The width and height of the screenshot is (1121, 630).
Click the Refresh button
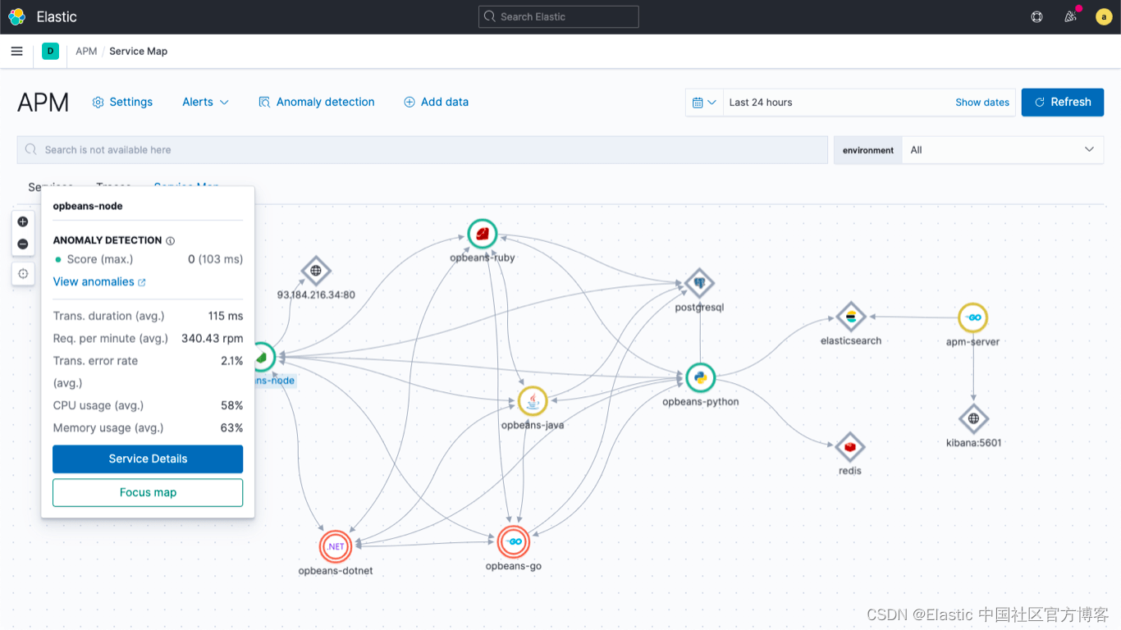1062,103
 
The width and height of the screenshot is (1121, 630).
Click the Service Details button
148,459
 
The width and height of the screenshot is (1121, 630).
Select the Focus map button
148,492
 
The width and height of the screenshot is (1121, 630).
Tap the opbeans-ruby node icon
483,235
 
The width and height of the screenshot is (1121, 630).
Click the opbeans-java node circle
533,401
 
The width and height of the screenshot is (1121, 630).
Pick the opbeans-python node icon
700,378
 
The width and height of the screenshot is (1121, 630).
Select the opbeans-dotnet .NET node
336,546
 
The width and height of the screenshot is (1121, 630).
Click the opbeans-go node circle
514,541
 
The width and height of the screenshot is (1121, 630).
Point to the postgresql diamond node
699,284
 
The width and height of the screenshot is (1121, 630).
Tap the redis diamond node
850,447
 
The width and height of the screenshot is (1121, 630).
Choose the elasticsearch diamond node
851,317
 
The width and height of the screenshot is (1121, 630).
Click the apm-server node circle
973,317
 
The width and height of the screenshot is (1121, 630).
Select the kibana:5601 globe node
973,419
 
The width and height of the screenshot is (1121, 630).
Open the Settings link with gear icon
122,103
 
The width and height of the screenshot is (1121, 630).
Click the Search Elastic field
558,17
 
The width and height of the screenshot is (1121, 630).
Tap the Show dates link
982,103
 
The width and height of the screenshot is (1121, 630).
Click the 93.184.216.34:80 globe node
316,271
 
